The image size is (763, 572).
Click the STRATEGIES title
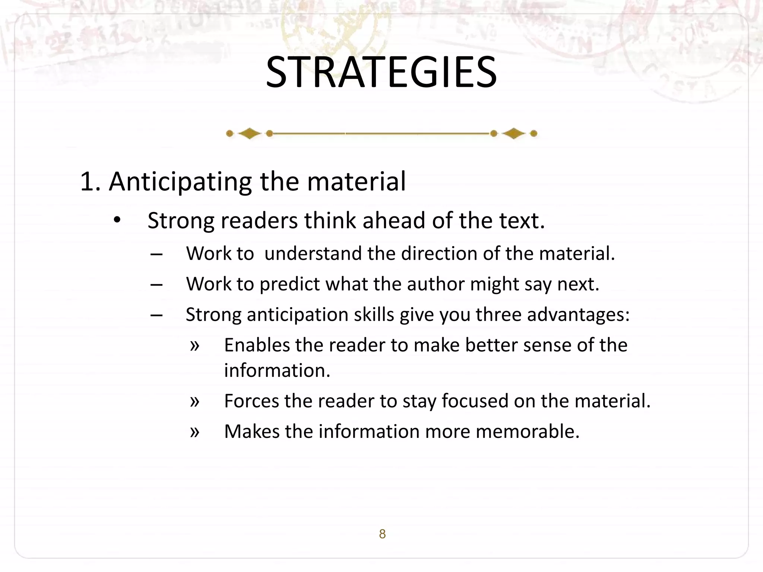coord(381,72)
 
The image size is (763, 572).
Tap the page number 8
coord(382,534)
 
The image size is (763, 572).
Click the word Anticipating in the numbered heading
coord(180,182)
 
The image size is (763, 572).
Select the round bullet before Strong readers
coord(117,220)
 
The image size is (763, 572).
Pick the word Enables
coord(256,345)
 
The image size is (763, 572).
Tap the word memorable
coord(528,432)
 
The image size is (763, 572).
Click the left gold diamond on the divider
coord(249,133)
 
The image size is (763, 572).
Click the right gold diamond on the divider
coord(514,133)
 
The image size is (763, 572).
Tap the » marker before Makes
coord(194,432)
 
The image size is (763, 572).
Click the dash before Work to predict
coord(156,285)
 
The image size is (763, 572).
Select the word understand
coord(313,254)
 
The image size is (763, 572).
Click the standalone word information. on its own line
coord(277,371)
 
